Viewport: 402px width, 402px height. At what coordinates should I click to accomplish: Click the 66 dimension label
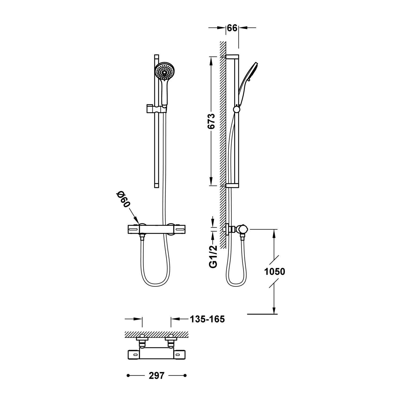coord(232,28)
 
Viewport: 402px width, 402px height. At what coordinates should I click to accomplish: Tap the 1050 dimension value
coord(275,272)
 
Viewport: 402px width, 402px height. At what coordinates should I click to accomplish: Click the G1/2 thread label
coord(213,257)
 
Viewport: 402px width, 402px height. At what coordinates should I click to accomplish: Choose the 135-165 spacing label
coord(207,319)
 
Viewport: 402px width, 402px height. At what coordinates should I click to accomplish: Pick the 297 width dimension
coord(157,375)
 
